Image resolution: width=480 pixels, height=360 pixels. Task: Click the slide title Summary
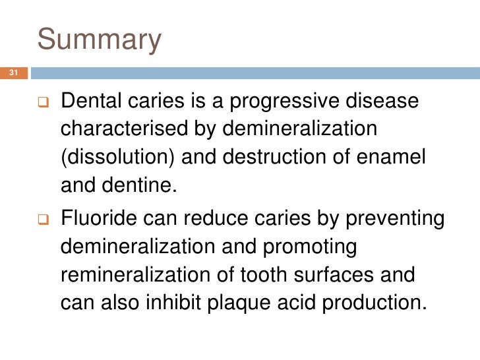99,40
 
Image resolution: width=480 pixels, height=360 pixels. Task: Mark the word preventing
382,219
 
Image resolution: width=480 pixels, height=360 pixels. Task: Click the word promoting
310,247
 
